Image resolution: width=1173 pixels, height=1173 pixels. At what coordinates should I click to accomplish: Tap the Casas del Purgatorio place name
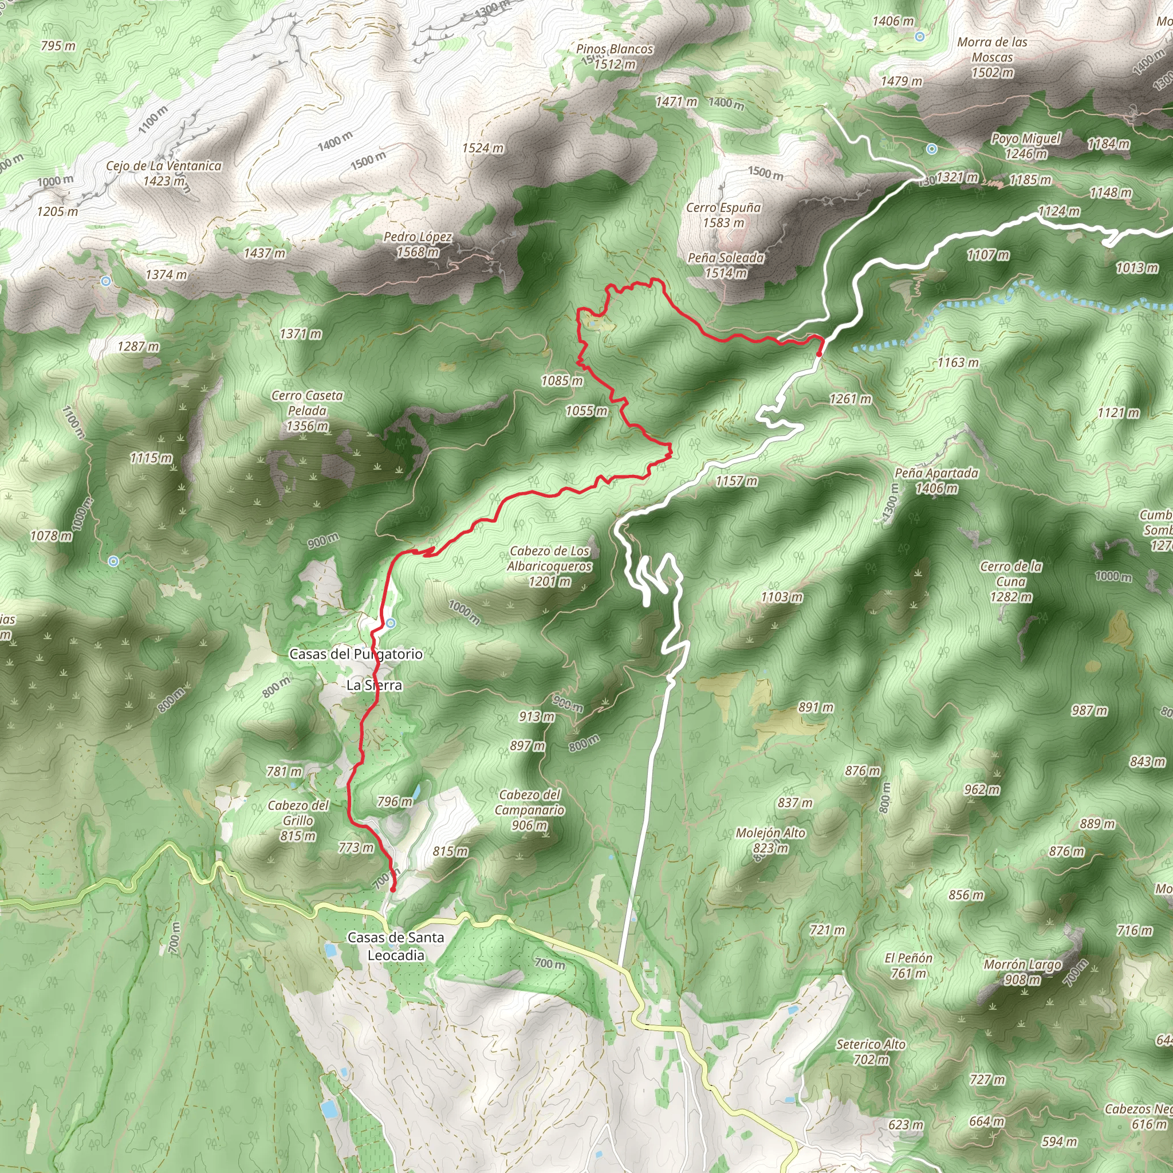356,654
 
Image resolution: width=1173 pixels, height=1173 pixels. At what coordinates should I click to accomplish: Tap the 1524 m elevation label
483,148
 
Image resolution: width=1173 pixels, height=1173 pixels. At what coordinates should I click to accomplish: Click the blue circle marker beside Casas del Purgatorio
391,623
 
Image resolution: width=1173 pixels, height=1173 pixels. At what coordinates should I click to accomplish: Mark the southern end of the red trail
393,889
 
